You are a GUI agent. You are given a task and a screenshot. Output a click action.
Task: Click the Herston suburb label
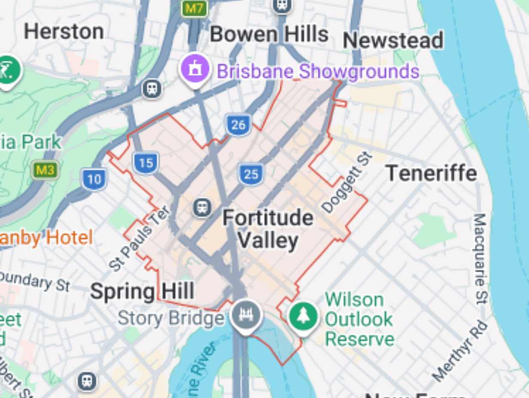pyautogui.click(x=64, y=32)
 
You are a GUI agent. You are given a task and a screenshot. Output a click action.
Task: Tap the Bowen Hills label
pyautogui.click(x=269, y=34)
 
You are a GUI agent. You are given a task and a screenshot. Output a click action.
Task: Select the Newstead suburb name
pyautogui.click(x=393, y=41)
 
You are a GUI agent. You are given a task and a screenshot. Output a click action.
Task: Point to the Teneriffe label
pyautogui.click(x=431, y=173)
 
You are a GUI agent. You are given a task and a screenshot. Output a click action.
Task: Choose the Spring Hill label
pyautogui.click(x=142, y=292)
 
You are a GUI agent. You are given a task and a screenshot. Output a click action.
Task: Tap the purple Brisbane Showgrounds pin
pyautogui.click(x=195, y=69)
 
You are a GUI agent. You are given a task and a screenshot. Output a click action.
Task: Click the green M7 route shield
pyautogui.click(x=195, y=9)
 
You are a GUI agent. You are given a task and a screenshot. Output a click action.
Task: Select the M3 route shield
pyautogui.click(x=45, y=170)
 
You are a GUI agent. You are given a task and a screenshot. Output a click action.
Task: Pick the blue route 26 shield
pyautogui.click(x=238, y=125)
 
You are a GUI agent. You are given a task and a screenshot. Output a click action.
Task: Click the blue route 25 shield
pyautogui.click(x=251, y=174)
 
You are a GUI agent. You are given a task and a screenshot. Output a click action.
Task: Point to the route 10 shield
pyautogui.click(x=94, y=179)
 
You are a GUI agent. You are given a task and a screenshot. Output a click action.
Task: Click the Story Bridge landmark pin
pyautogui.click(x=246, y=315)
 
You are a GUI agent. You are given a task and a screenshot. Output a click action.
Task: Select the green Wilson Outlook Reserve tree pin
pyautogui.click(x=304, y=317)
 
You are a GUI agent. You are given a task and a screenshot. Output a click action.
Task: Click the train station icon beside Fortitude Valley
pyautogui.click(x=202, y=208)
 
